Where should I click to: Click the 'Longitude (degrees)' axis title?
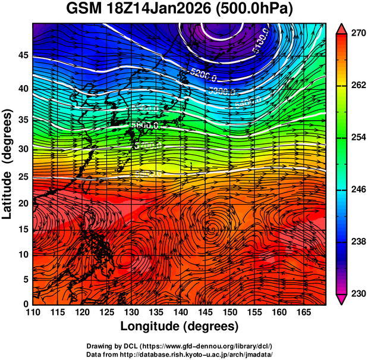[x=180, y=327]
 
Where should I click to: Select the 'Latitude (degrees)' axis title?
[x=8, y=164]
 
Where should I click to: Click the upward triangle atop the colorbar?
[x=342, y=28]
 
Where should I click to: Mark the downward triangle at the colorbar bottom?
[x=342, y=299]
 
